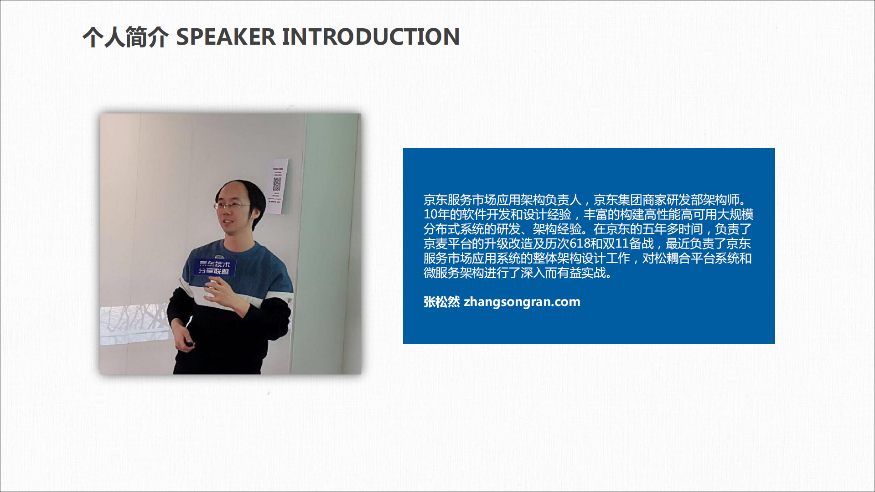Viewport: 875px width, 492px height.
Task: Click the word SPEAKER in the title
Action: tap(226, 37)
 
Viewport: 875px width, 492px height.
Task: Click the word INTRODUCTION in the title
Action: tap(370, 37)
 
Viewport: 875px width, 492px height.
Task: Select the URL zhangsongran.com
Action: tap(522, 302)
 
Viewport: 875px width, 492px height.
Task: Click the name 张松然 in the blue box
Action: tap(441, 302)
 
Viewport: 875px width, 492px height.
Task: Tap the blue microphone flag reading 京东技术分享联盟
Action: tap(214, 268)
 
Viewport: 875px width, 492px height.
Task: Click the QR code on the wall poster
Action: tap(277, 184)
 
